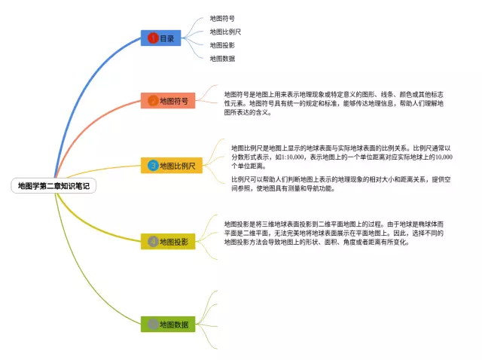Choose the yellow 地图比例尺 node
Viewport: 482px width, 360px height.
(x=172, y=165)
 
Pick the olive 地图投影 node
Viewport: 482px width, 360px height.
(x=168, y=241)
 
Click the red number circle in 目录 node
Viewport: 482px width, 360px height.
(x=152, y=38)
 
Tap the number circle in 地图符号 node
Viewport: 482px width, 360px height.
(x=152, y=100)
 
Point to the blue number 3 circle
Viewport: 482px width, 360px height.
(x=153, y=165)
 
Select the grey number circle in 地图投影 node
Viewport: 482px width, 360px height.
(x=153, y=241)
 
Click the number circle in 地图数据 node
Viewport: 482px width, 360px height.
(x=153, y=324)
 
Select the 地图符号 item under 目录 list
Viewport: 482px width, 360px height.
(x=222, y=17)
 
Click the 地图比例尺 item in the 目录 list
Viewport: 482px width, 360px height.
(x=225, y=31)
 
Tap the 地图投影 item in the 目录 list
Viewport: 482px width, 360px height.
(x=222, y=44)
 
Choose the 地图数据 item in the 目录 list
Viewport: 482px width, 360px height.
(x=222, y=58)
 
